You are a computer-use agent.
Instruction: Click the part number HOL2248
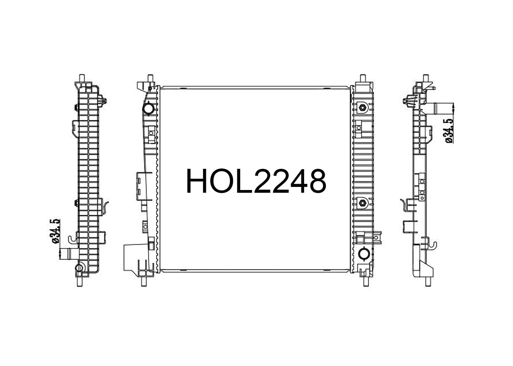coord(256,181)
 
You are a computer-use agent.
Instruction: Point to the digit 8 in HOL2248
coord(317,181)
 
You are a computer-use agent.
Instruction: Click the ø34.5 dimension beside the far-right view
coord(449,131)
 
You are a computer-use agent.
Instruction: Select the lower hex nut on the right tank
coord(362,203)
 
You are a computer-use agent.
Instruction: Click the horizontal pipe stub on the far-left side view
coord(69,254)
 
